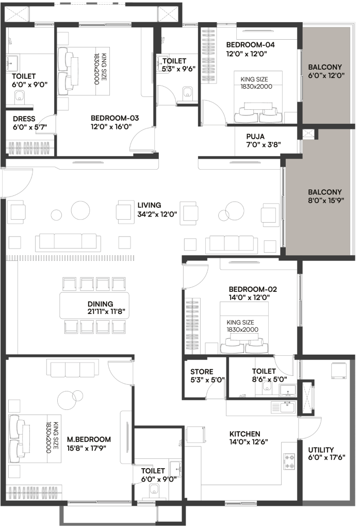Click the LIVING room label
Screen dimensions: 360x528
(149, 205)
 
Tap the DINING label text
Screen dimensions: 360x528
(100, 304)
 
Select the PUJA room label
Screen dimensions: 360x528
(255, 136)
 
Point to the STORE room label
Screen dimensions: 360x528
(202, 372)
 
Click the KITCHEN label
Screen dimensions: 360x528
(245, 434)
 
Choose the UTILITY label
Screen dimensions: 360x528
(321, 450)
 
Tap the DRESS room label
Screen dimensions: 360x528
(24, 119)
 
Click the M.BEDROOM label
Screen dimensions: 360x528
(89, 439)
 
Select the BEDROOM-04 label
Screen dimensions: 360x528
(250, 45)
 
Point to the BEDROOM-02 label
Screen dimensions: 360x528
(253, 289)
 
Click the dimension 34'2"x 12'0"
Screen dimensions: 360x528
(157, 214)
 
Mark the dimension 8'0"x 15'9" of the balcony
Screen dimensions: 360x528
(326, 201)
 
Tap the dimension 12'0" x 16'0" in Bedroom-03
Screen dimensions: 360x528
(111, 127)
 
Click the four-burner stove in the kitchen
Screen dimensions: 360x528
(289, 461)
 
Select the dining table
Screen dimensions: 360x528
(94, 305)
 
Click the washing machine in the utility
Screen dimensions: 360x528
(339, 370)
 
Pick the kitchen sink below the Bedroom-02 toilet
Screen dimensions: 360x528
(283, 407)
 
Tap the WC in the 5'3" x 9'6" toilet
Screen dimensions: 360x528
(188, 92)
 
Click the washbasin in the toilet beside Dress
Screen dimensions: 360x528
(12, 63)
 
